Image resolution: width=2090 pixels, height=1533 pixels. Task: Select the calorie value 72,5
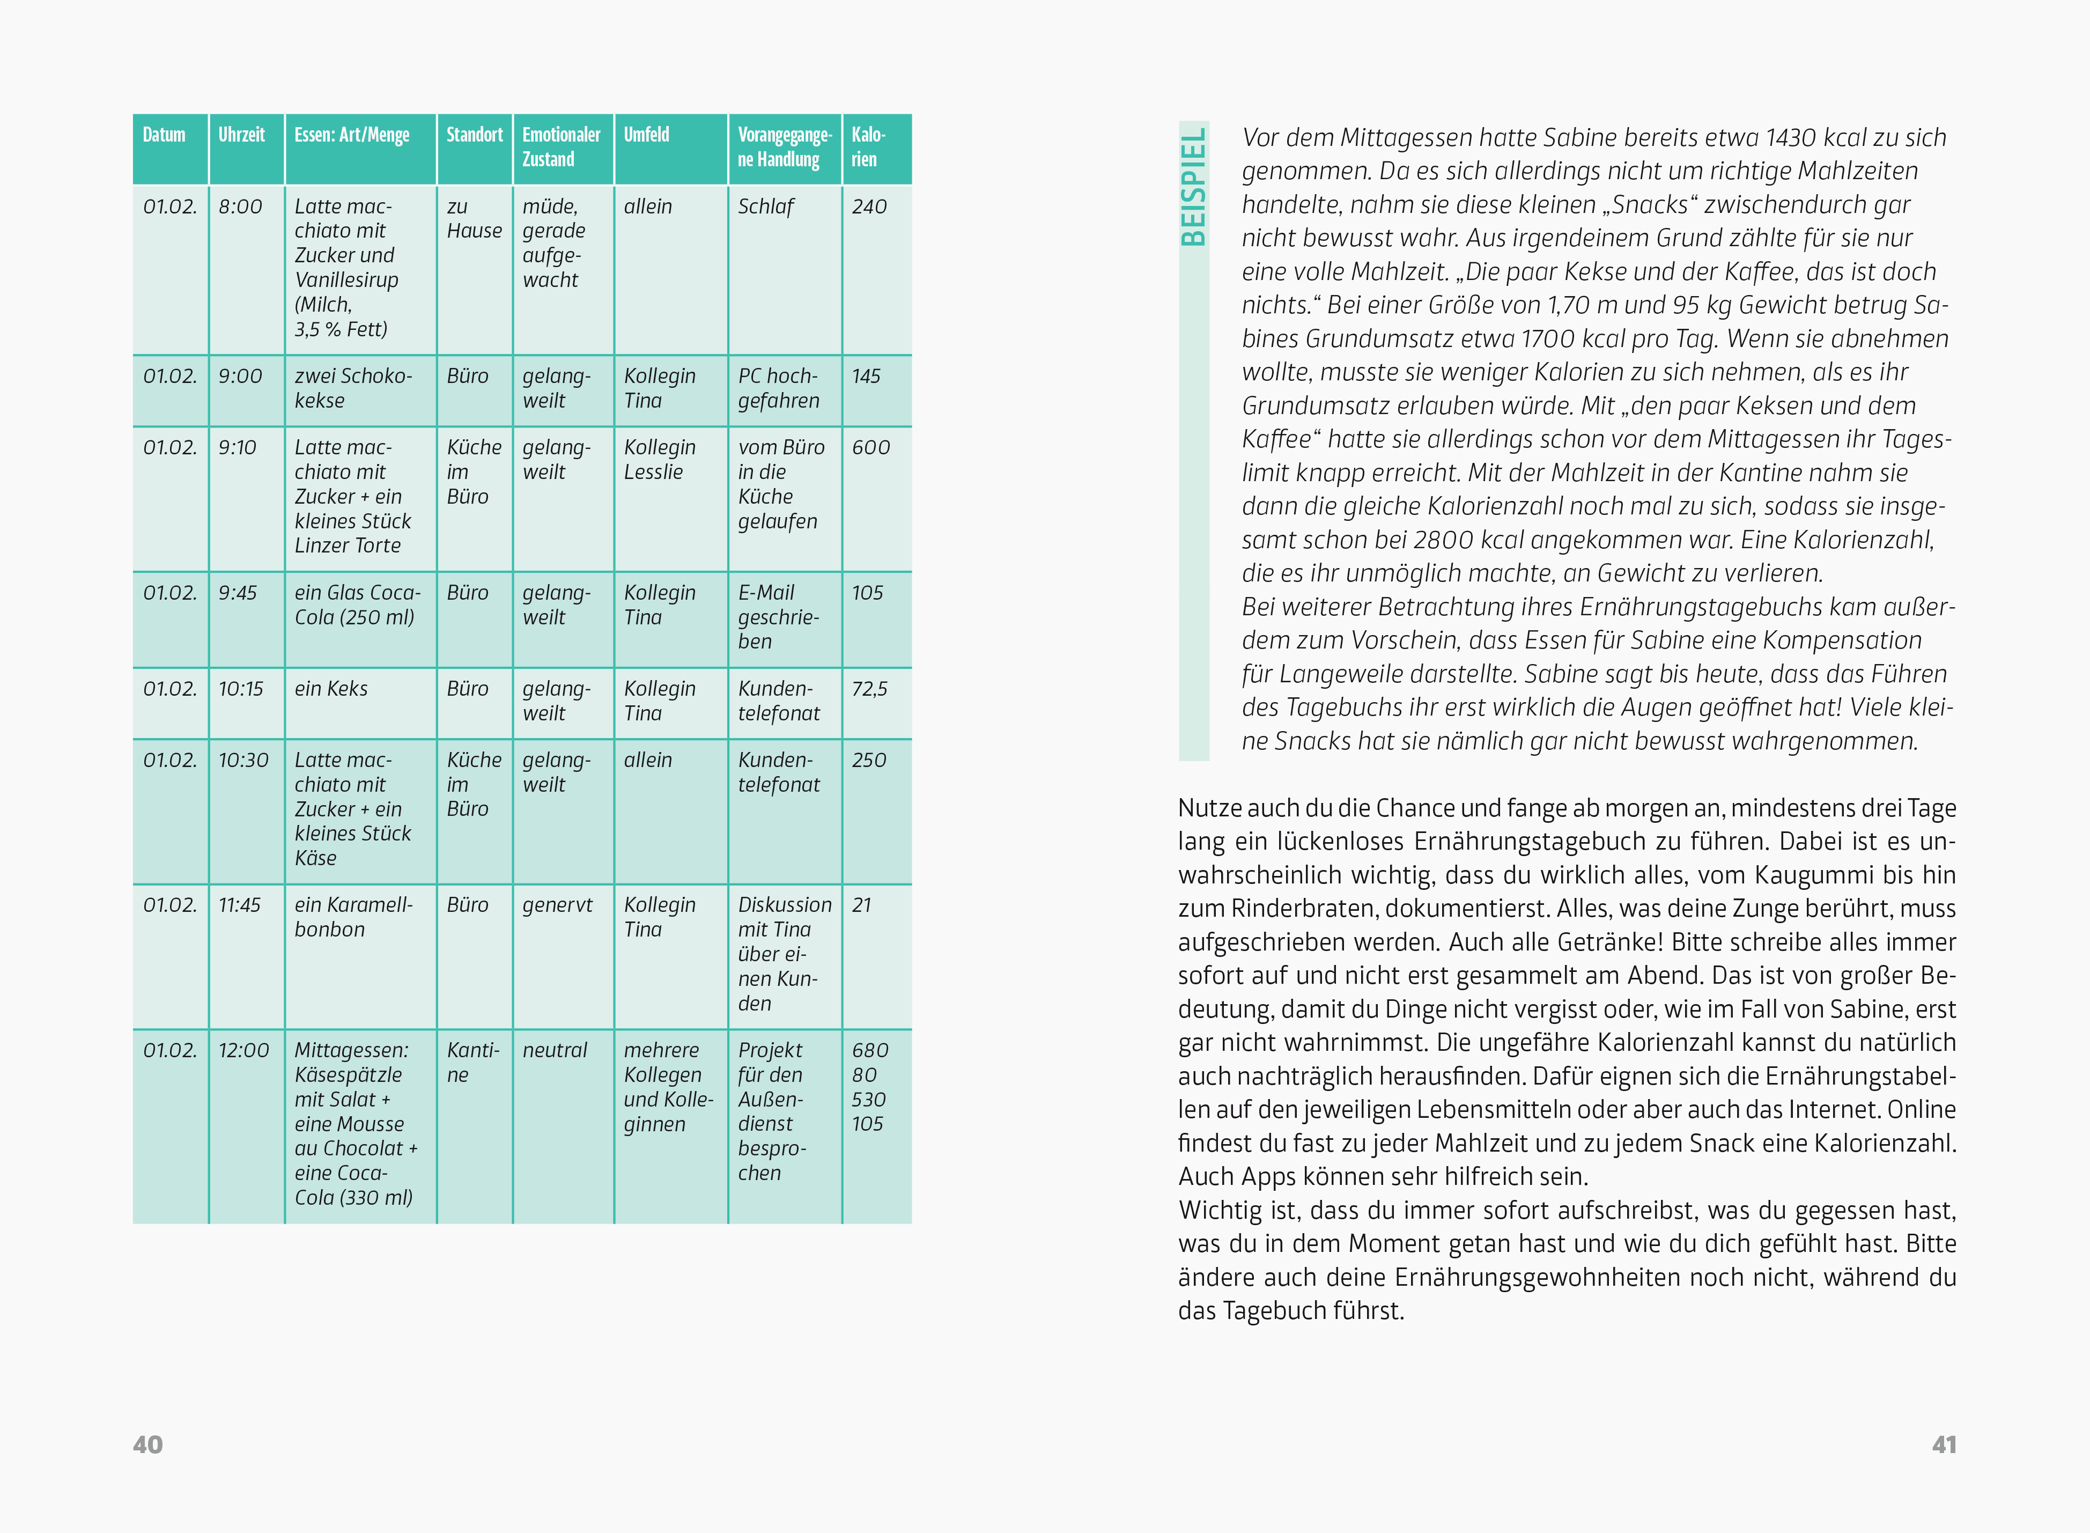point(869,689)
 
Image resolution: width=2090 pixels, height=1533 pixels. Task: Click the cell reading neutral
point(555,1050)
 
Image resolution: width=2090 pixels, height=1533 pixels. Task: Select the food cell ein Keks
point(331,689)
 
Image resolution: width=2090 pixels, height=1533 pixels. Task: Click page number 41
point(1944,1445)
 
